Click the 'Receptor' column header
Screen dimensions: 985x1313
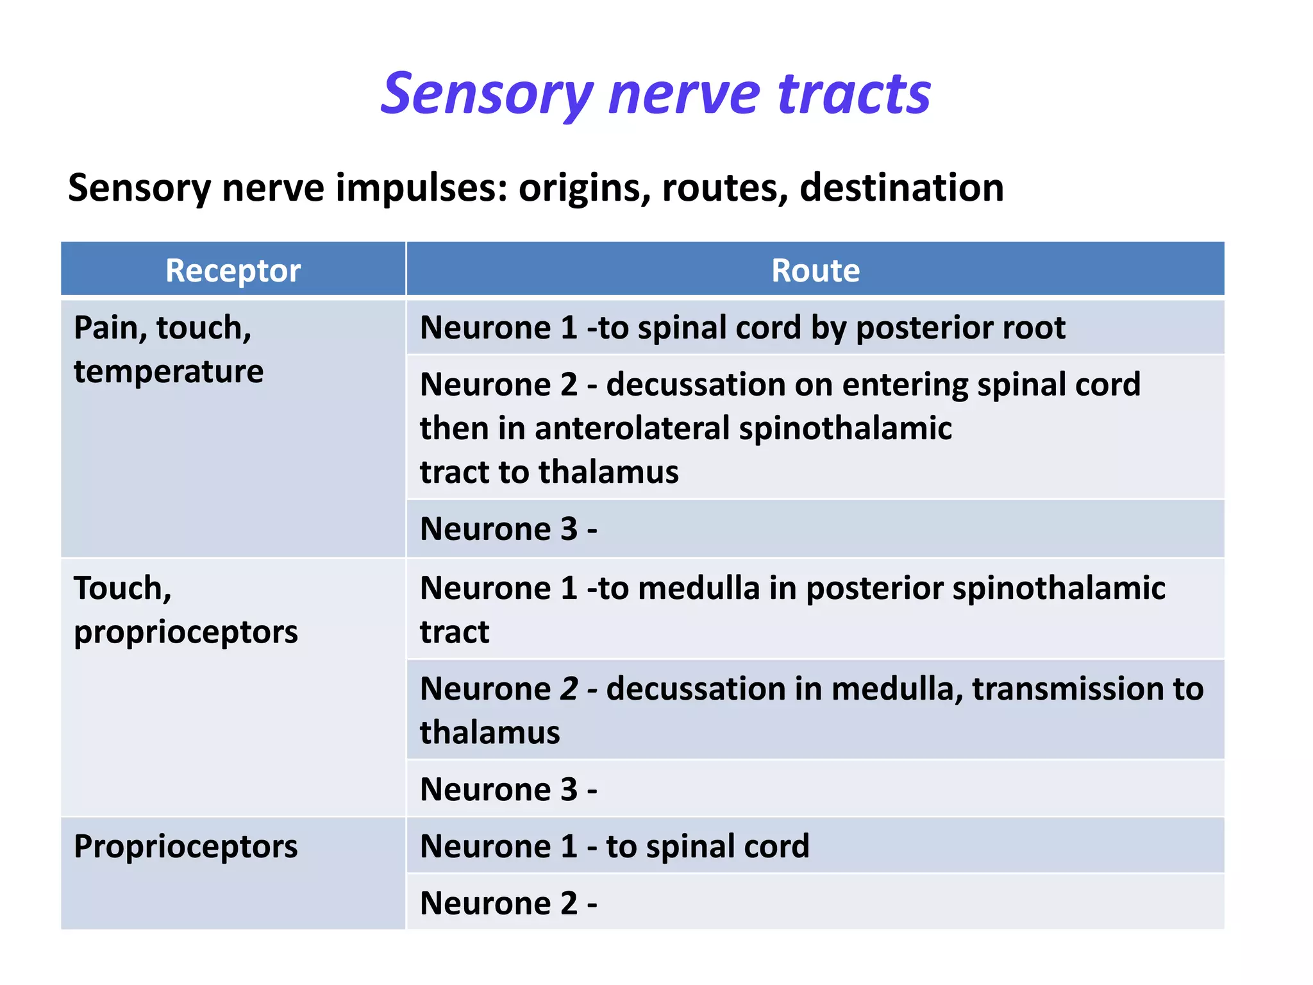[233, 270]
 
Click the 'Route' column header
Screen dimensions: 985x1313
[815, 270]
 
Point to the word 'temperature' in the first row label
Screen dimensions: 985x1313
[169, 371]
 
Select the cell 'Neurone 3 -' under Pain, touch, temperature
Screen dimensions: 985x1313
[508, 529]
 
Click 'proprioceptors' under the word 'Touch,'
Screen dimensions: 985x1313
[186, 632]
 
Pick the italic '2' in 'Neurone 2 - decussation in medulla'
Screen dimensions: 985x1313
[569, 689]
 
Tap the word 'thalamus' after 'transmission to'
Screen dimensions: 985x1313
[489, 732]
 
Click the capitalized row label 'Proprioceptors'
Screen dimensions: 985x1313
[185, 846]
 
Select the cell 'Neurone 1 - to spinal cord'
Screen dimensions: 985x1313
[614, 846]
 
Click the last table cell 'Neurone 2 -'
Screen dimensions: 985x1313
[508, 904]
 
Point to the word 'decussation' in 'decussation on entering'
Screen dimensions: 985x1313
[696, 384]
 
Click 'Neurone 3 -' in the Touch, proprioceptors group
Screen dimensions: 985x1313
[508, 789]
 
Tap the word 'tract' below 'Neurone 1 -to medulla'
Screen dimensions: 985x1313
[454, 632]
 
